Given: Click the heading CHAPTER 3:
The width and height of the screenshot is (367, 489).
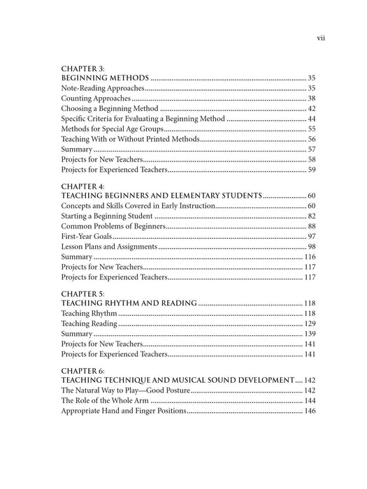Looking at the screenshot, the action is tap(83, 68).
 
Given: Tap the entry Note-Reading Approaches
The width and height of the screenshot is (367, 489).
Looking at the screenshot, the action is tap(103, 89).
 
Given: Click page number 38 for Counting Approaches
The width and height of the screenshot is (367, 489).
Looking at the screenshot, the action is tap(312, 99).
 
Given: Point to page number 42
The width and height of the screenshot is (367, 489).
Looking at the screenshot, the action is tap(312, 109).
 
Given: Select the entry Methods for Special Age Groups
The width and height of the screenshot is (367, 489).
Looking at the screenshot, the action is tap(113, 129).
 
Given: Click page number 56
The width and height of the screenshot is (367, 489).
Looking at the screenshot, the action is tap(312, 140).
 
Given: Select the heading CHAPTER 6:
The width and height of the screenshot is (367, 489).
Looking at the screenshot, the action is tap(83, 371).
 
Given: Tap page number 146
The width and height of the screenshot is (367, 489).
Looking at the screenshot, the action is tap(310, 411).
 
